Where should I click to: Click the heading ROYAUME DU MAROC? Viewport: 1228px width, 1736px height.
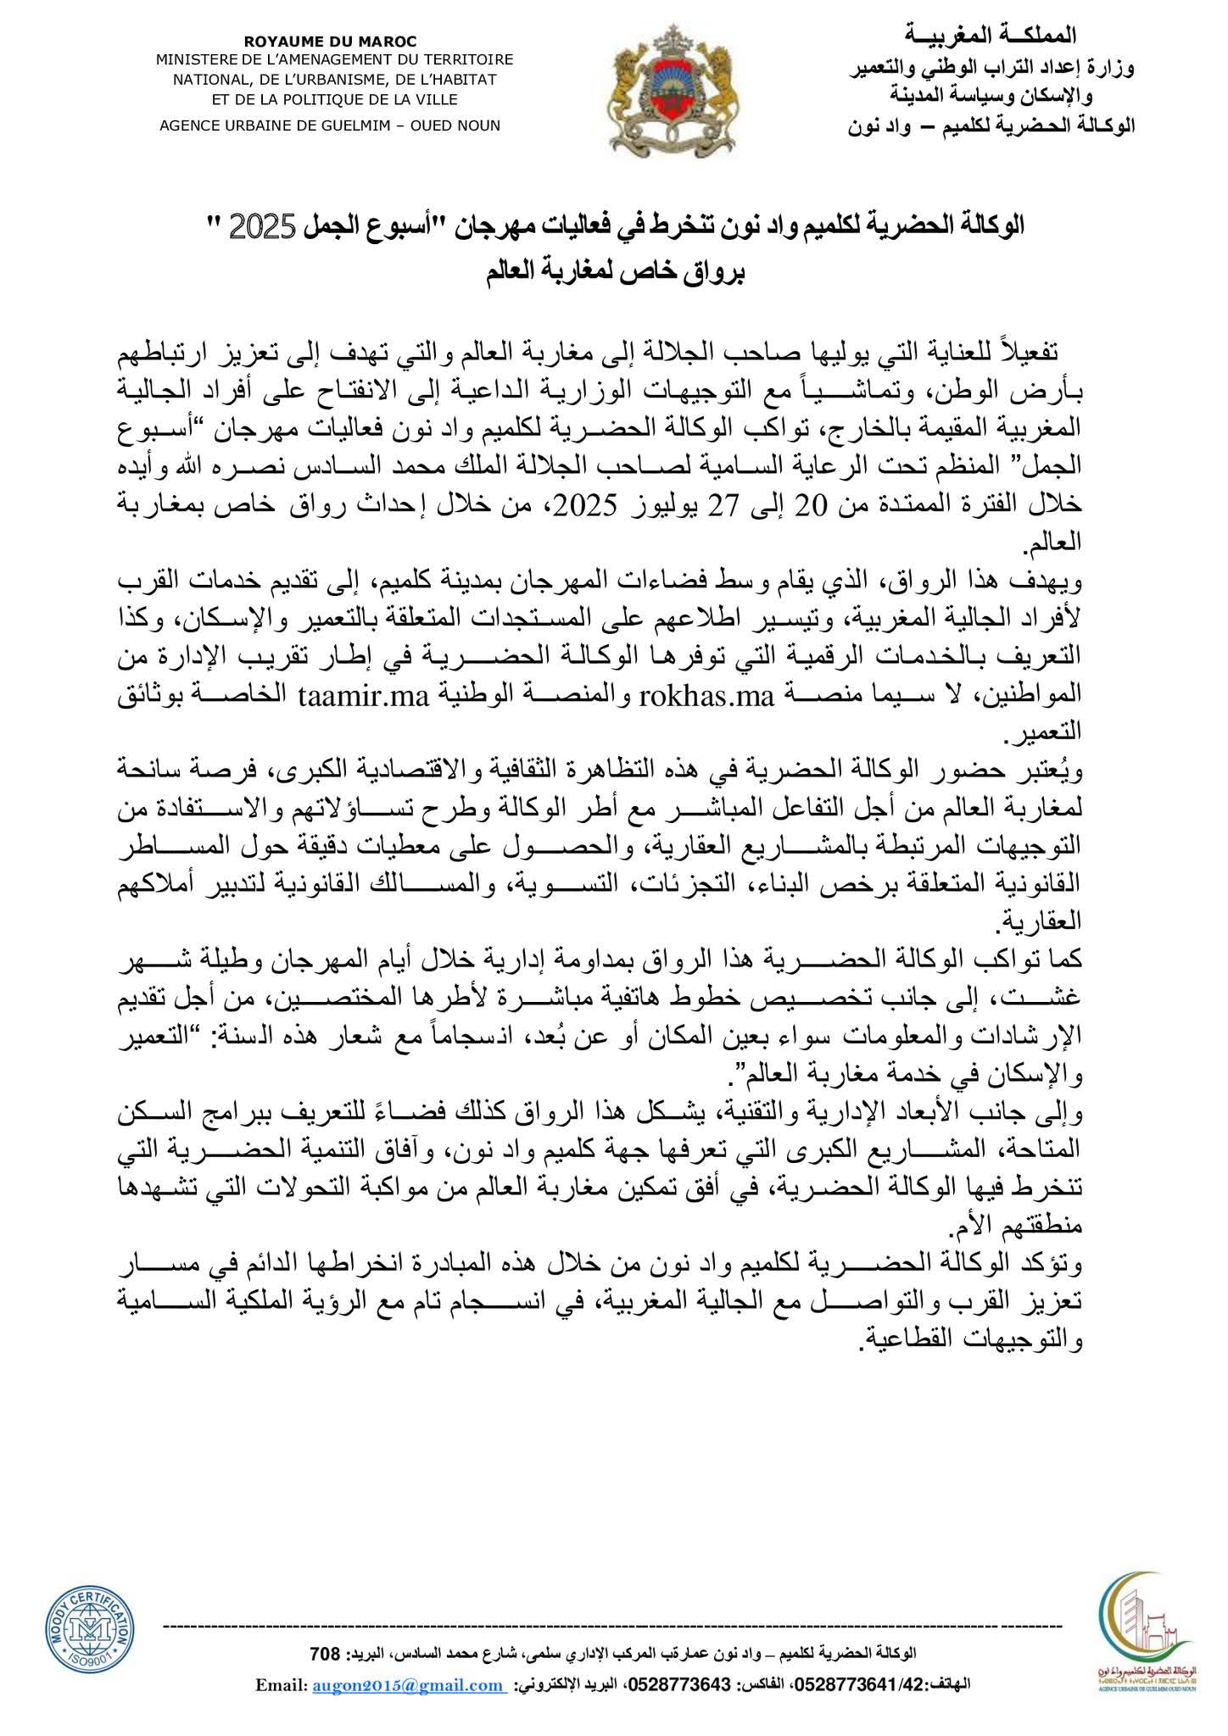pos(330,41)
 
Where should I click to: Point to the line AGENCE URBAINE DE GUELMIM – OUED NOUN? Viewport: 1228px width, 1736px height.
pos(330,125)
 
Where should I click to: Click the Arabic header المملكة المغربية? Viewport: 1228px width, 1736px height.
pos(1013,35)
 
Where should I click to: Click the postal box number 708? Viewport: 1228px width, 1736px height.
pos(326,1654)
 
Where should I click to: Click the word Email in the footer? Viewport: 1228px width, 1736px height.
pos(278,1686)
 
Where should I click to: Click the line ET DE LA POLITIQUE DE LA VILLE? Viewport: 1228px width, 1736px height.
pos(334,99)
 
